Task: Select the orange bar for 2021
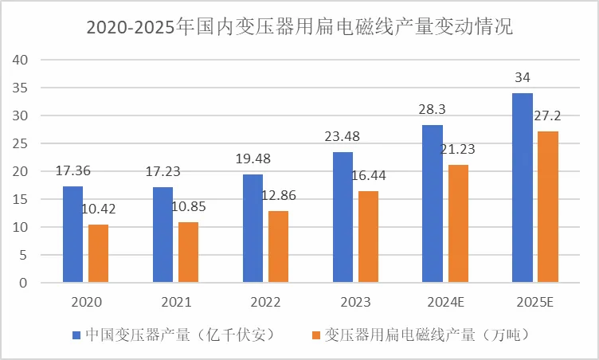(188, 252)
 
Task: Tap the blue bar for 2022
(253, 229)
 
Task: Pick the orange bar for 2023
(368, 237)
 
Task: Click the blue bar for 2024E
(433, 204)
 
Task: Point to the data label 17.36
(72, 170)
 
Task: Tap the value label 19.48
(253, 158)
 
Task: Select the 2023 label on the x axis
(356, 303)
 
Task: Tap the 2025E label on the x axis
(536, 303)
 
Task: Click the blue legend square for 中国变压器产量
(76, 335)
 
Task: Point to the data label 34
(523, 77)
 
